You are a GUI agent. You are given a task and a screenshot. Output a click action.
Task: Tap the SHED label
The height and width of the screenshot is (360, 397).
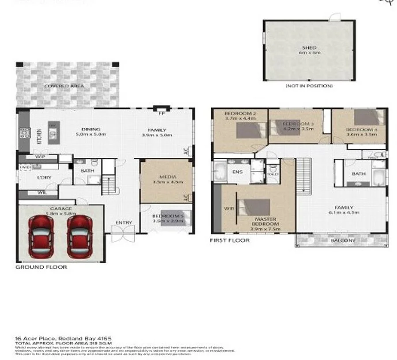309,48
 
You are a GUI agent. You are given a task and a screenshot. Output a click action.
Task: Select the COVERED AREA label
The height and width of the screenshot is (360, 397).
64,86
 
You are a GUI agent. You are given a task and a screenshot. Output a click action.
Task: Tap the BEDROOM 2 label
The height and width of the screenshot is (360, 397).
240,113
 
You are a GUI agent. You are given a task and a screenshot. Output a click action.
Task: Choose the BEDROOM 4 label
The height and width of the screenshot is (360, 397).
362,130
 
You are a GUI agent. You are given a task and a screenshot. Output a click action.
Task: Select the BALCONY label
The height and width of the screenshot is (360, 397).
343,240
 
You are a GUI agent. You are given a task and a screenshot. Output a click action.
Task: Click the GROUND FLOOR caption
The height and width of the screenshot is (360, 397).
41,267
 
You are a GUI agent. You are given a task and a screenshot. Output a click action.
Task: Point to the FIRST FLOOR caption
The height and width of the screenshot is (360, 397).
230,240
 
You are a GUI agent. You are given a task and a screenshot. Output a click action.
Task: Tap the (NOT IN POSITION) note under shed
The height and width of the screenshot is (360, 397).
309,86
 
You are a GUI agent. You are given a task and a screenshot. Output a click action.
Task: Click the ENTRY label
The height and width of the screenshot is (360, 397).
124,223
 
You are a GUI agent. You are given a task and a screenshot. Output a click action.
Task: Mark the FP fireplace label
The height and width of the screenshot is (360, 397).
161,113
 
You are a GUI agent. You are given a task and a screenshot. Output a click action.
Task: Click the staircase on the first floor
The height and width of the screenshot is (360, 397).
303,176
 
